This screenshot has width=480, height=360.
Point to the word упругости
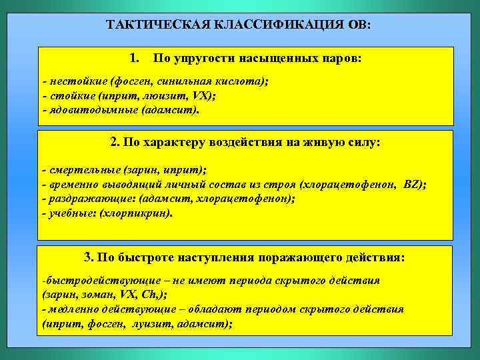(203, 57)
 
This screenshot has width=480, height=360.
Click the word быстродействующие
(92, 281)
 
